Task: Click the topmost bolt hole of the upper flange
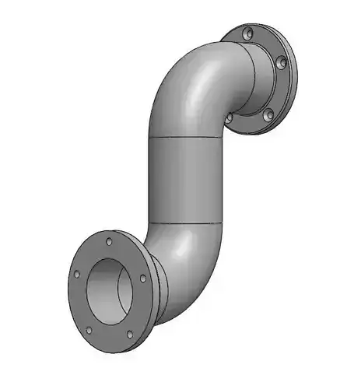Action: click(x=247, y=35)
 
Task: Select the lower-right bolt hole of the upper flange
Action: click(x=268, y=114)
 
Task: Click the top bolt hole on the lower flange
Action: click(x=109, y=242)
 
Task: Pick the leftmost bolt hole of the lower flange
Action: click(x=77, y=275)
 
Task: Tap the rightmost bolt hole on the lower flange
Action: click(x=142, y=278)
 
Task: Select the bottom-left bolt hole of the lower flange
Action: click(x=92, y=329)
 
